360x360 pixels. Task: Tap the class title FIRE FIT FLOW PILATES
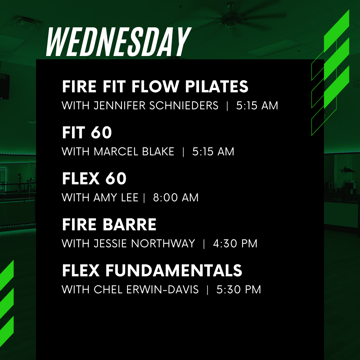click(x=155, y=87)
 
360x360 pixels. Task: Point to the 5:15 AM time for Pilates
click(x=257, y=106)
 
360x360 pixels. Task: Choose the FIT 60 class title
click(x=87, y=133)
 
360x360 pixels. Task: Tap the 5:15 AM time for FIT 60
click(x=213, y=152)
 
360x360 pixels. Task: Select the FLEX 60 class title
click(x=94, y=179)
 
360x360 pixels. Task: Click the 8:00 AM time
click(x=176, y=198)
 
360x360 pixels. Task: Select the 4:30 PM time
click(x=235, y=244)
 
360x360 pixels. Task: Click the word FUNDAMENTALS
click(x=174, y=271)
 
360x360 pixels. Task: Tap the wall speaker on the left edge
click(x=4, y=85)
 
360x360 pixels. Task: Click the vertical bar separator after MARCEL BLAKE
click(x=183, y=152)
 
